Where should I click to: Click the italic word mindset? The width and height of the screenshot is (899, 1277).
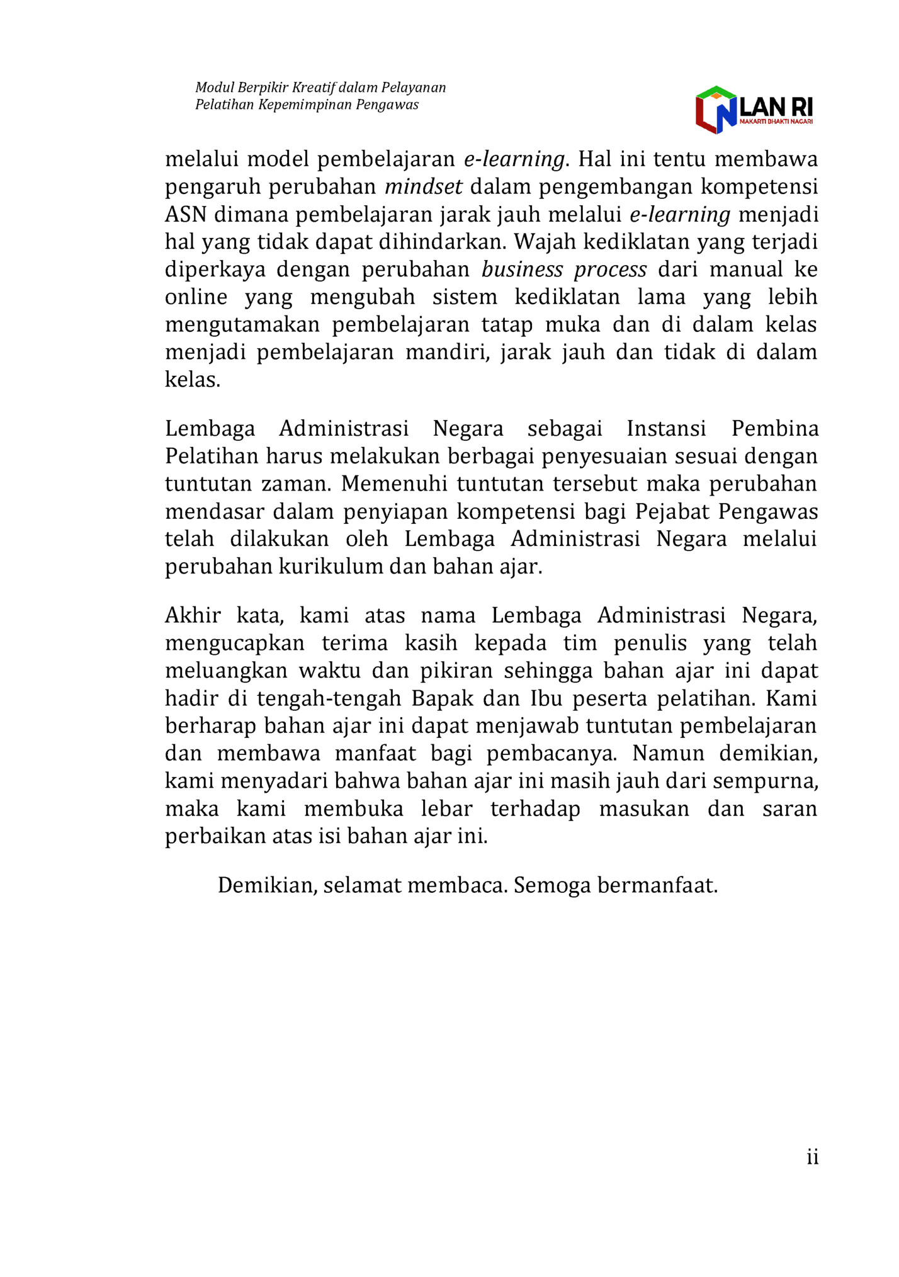pyautogui.click(x=424, y=187)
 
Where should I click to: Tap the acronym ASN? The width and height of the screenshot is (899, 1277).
pyautogui.click(x=186, y=215)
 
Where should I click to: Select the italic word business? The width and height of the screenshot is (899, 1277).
pyautogui.click(x=522, y=270)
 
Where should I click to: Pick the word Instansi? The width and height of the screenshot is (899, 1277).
pyautogui.click(x=666, y=429)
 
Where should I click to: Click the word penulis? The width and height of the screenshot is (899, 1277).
pyautogui.click(x=650, y=643)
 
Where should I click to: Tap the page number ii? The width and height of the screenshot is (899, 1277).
pyautogui.click(x=812, y=1157)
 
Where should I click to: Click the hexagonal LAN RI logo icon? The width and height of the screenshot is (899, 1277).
pyautogui.click(x=716, y=110)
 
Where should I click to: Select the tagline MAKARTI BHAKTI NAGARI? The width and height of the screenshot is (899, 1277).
pyautogui.click(x=776, y=122)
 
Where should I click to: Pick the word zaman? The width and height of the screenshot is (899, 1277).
pyautogui.click(x=295, y=484)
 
